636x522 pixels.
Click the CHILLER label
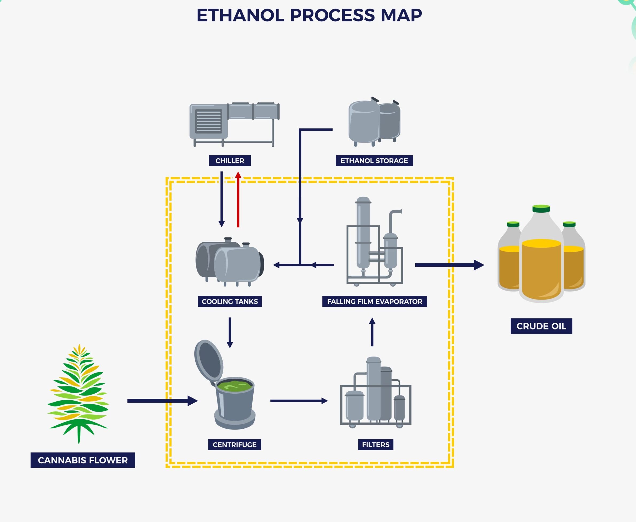[230, 161]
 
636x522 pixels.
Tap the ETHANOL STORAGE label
[374, 161]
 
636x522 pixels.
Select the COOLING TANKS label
[230, 302]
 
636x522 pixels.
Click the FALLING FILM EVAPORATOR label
[375, 302]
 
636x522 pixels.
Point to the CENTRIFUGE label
[235, 445]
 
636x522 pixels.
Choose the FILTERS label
[376, 445]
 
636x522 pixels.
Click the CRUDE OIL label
[541, 326]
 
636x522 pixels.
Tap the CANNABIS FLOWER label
[83, 460]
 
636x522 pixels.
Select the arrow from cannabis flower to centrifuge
[162, 401]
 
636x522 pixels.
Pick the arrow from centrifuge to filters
[299, 401]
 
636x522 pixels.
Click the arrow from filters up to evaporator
[372, 332]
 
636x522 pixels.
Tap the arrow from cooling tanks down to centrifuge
[230, 333]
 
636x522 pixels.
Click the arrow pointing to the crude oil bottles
[450, 265]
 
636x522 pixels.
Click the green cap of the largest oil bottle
[541, 209]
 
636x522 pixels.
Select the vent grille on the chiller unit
[208, 121]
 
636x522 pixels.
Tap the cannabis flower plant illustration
[78, 394]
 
